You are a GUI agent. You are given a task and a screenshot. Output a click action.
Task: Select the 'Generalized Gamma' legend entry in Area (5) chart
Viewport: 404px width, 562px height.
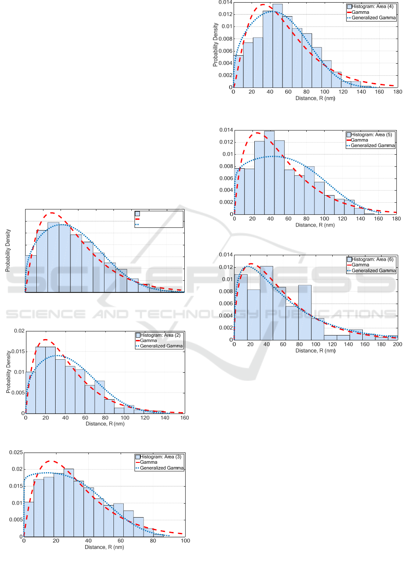[373, 145]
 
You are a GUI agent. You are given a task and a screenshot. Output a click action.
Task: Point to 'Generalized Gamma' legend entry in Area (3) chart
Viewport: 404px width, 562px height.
[162, 468]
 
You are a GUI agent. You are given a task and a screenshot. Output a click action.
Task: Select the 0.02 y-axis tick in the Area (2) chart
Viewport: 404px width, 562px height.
[18, 331]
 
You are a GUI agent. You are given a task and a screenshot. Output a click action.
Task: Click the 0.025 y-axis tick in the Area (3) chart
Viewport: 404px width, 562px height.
[16, 453]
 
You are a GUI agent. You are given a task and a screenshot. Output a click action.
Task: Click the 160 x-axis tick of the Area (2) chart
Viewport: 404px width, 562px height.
[184, 418]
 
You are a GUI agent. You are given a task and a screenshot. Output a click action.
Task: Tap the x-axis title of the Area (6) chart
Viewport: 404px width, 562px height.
[315, 350]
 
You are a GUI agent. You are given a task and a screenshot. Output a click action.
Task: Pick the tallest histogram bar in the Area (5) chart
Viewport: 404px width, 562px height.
[269, 172]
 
